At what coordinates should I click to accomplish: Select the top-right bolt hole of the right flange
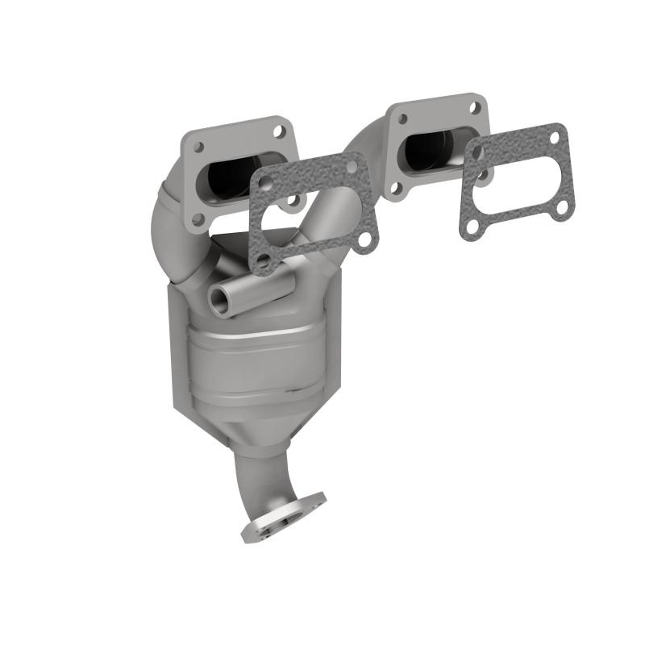point(476,106)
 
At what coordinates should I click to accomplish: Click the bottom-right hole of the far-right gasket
point(561,208)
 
